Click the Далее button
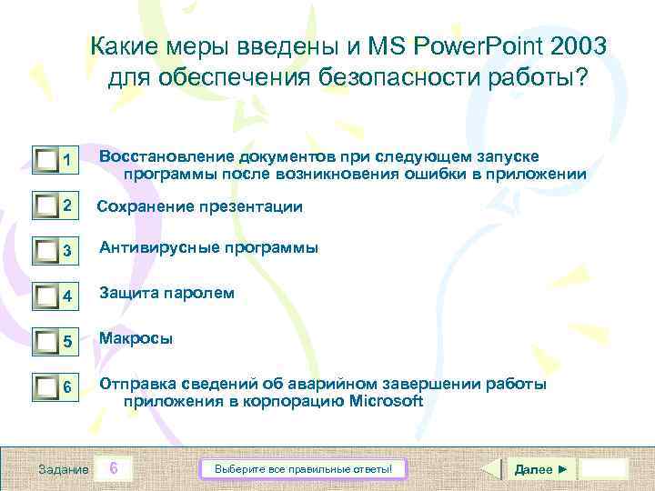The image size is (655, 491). [x=540, y=469]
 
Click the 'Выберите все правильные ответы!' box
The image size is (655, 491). [x=303, y=469]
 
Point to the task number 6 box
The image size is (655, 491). [x=113, y=468]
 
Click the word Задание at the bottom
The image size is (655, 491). [x=63, y=469]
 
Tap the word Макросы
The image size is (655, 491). [x=136, y=338]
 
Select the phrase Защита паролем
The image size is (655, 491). [x=166, y=293]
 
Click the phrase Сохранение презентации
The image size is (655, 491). [x=199, y=206]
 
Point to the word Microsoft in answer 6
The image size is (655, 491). [x=387, y=401]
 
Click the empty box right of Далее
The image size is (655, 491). [x=604, y=469]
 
